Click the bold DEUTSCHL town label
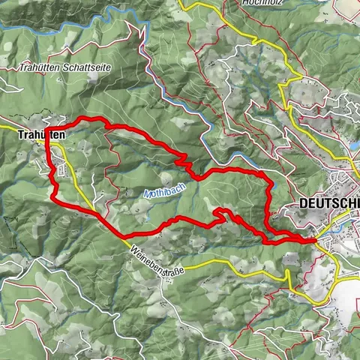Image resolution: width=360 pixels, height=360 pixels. click(328, 203)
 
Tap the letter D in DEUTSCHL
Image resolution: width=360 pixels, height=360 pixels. click(302, 203)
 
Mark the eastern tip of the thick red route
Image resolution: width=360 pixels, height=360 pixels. click(312, 240)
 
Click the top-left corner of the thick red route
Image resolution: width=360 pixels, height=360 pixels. click(48, 124)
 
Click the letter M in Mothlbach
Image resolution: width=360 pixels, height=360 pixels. click(146, 196)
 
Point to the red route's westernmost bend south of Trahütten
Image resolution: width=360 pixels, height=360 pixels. click(52, 196)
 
